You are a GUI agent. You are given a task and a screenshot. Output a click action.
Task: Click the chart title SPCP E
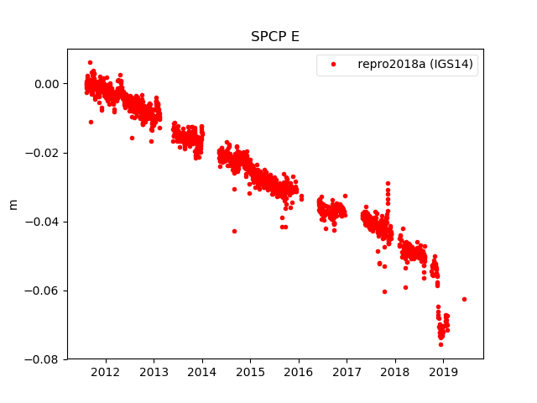tap(275, 37)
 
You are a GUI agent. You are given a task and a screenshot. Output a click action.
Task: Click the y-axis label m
tap(13, 204)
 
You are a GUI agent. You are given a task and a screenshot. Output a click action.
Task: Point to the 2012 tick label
tap(105, 372)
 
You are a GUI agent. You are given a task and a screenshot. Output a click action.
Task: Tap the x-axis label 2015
tap(250, 372)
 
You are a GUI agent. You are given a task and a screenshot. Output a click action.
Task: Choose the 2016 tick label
tap(299, 372)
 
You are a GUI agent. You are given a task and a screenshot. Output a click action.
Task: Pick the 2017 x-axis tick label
tap(347, 372)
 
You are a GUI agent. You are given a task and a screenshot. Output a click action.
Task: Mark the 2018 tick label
tap(395, 372)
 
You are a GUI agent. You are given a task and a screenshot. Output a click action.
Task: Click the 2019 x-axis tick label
tap(443, 372)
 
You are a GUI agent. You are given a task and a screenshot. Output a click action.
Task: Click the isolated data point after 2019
tap(464, 299)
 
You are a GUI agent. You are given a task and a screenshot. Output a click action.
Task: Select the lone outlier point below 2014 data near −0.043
tap(234, 231)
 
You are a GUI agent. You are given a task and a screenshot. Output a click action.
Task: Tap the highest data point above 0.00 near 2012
tap(90, 62)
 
